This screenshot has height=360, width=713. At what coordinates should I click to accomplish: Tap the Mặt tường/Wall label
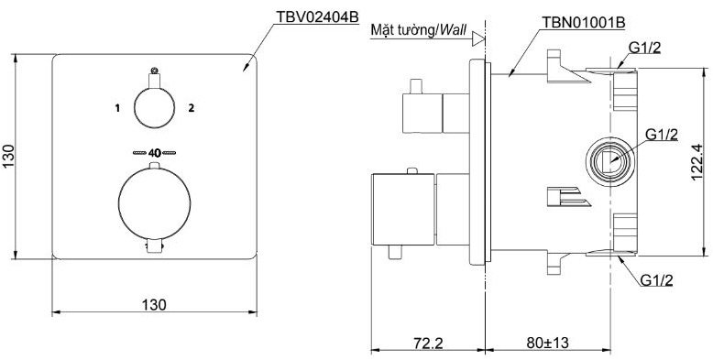[417, 29]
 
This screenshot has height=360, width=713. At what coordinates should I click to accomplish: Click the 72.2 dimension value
[423, 344]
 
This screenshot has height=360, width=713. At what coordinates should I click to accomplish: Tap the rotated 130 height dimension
[10, 157]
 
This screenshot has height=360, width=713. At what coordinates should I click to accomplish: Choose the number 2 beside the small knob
[192, 108]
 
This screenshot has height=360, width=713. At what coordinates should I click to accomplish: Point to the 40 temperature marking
[154, 153]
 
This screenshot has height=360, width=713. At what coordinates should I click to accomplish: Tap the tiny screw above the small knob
[154, 70]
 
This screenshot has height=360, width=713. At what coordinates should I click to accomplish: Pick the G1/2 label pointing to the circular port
[661, 135]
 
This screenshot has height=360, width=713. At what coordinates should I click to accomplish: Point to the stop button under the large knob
[154, 245]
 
